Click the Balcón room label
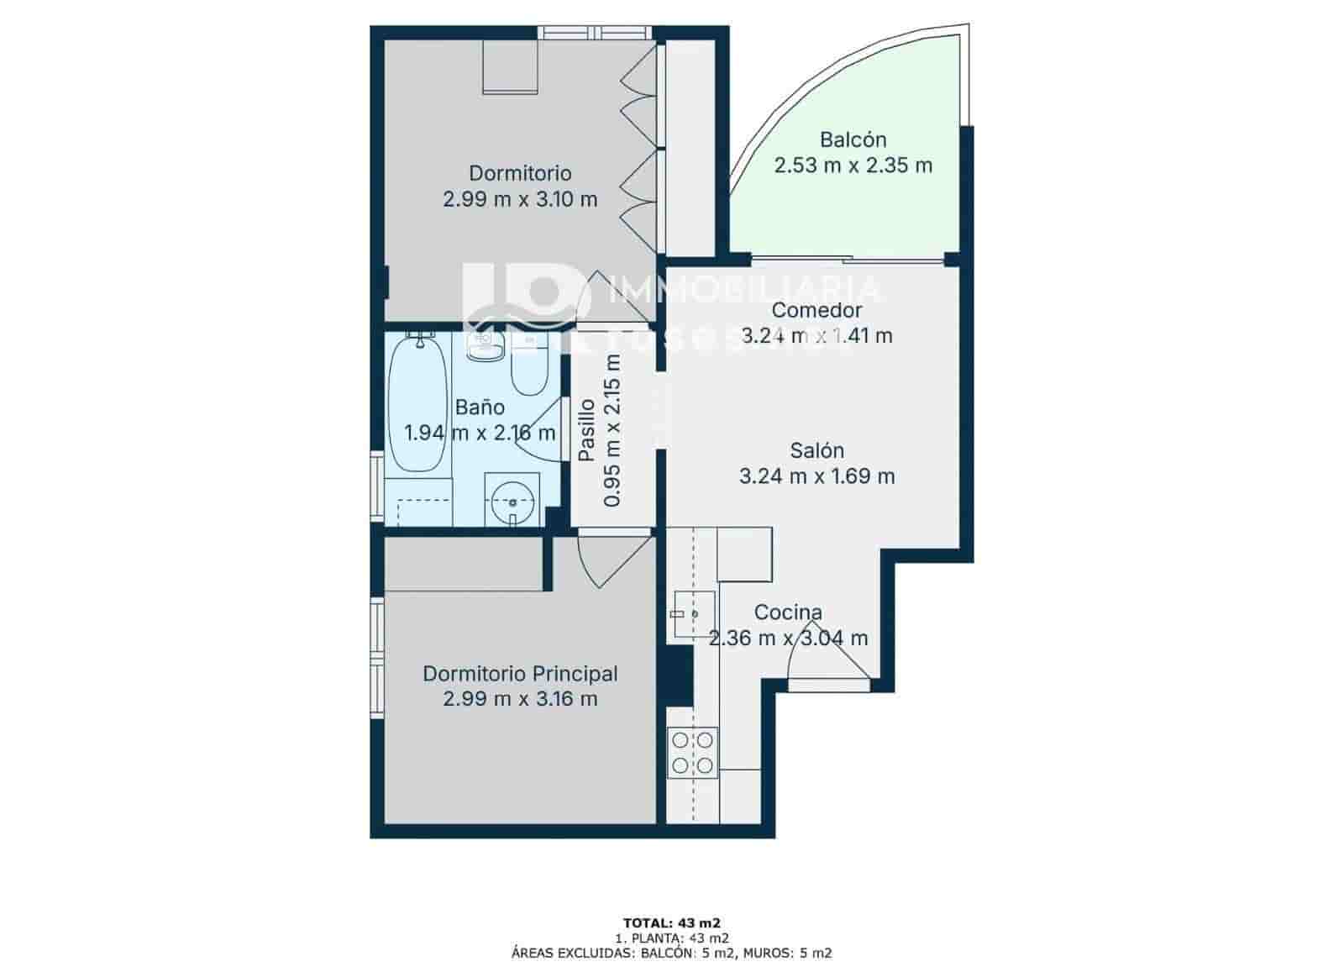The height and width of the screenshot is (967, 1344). pos(853,139)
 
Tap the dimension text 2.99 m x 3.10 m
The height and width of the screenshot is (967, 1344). pos(520,200)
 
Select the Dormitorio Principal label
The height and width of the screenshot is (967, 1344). pos(520,674)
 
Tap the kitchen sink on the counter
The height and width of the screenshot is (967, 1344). pos(694,615)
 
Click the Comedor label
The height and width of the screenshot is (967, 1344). pos(816,310)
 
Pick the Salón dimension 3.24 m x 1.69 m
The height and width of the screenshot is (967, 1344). pos(816,477)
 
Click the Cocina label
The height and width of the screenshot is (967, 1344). pos(788,612)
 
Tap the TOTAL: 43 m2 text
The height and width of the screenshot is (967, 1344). pos(671,922)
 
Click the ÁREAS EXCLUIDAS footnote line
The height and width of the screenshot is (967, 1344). pos(671,953)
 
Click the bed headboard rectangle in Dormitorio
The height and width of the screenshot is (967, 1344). pos(510,67)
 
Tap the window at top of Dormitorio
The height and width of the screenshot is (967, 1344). pos(595,33)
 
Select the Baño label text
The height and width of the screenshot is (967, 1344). pos(480,407)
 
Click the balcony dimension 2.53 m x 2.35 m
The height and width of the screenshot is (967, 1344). pos(853,166)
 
